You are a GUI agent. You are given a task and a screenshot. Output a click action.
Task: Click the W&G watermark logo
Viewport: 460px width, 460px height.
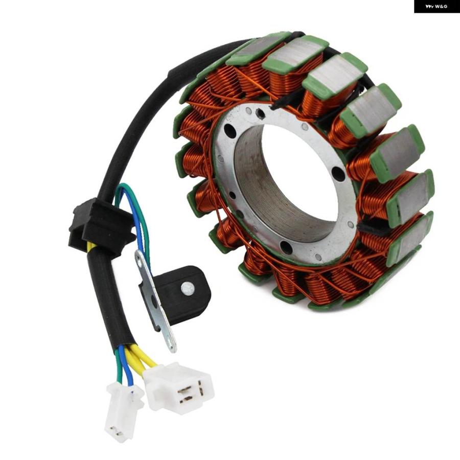[436, 6]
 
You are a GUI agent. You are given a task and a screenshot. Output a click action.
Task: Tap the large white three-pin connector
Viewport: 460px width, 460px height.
[179, 387]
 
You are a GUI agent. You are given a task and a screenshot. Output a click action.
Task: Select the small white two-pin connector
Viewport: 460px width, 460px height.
[123, 412]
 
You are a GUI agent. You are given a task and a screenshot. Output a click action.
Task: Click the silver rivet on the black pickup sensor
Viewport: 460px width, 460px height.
[188, 288]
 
